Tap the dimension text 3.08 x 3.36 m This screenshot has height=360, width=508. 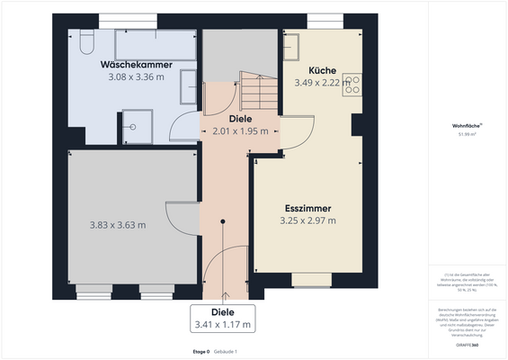pos(130,77)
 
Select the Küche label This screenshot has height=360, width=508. pos(322,70)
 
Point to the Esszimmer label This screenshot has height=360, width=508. pos(308,207)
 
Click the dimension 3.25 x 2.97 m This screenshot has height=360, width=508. pos(308,220)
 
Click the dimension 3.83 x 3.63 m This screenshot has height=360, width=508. pos(118,225)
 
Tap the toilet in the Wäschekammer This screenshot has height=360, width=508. pos(85,42)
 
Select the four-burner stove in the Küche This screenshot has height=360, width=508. pos(352,84)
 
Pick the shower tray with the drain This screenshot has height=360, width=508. pos(137,127)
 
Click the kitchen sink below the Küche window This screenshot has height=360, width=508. pos(296,42)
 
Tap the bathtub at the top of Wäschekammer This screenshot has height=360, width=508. pos(155,44)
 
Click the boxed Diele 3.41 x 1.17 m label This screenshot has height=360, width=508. pos(222,319)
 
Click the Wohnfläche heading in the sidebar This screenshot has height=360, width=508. pos(467,126)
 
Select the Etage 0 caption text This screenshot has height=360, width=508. pos(201,350)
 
